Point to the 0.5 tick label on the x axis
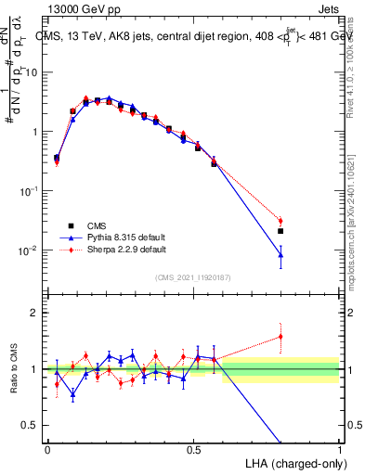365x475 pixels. click(x=193, y=449)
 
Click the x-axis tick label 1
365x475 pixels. click(x=340, y=449)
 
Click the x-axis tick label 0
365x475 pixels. click(x=47, y=449)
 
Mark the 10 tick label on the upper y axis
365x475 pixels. click(x=33, y=72)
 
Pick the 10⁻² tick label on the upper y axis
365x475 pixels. click(x=30, y=250)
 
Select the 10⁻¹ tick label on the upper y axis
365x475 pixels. click(x=30, y=191)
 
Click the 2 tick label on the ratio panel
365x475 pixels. click(x=37, y=313)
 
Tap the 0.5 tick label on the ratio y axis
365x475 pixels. click(x=33, y=425)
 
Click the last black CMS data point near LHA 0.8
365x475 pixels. click(x=280, y=231)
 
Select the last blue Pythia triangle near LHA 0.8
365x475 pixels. click(x=280, y=254)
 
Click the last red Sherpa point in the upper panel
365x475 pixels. click(x=280, y=221)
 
